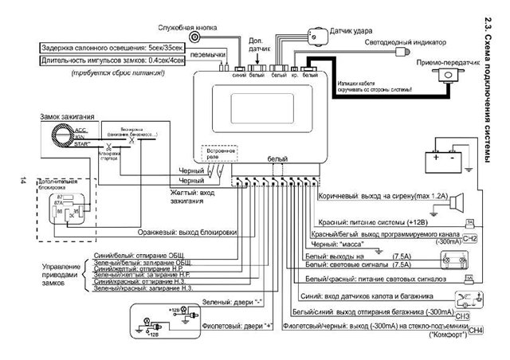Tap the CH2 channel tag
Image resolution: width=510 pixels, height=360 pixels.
point(469,238)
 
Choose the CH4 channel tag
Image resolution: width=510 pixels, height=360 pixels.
point(476,330)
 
